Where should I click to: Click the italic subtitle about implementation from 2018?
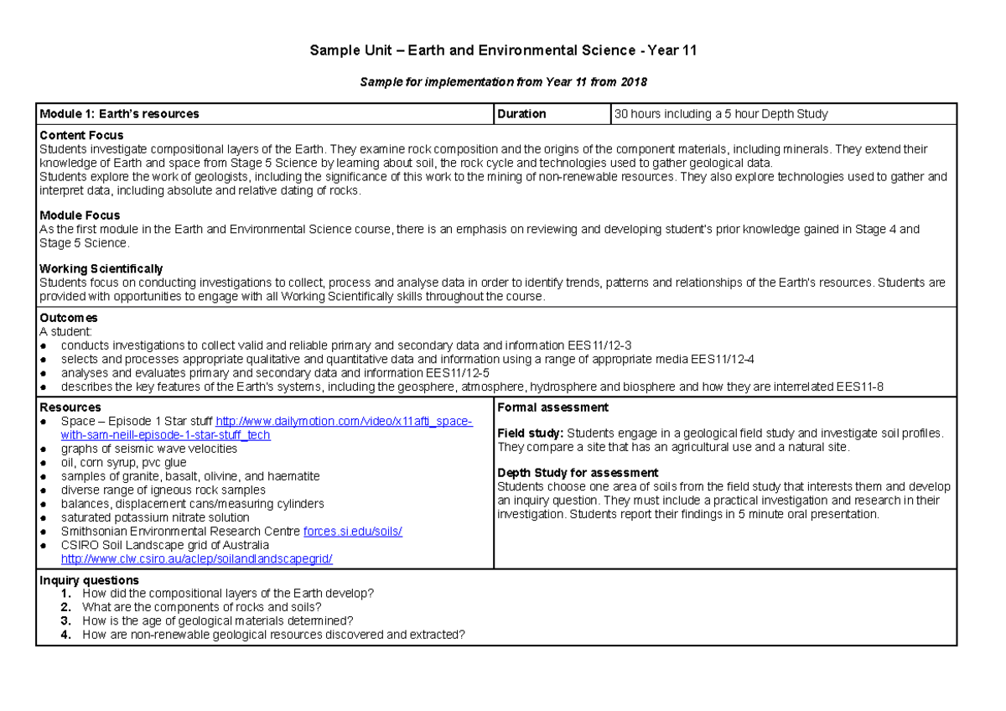pyautogui.click(x=503, y=82)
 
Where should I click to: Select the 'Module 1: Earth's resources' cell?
pyautogui.click(x=120, y=114)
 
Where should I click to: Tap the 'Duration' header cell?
pyautogui.click(x=521, y=114)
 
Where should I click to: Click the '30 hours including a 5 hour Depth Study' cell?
pyautogui.click(x=721, y=114)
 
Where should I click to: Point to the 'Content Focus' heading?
pyautogui.click(x=81, y=136)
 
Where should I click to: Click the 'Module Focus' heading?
pyautogui.click(x=80, y=215)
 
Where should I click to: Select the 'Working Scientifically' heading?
pyautogui.click(x=101, y=269)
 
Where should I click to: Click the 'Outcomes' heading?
pyautogui.click(x=69, y=318)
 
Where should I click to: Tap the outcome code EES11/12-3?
pyautogui.click(x=599, y=345)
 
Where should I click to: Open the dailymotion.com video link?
pyautogui.click(x=344, y=422)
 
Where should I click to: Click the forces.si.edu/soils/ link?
pyautogui.click(x=352, y=532)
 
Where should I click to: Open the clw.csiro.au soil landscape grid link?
pyautogui.click(x=197, y=558)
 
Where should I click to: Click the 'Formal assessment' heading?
pyautogui.click(x=553, y=407)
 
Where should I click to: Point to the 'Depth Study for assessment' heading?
pyautogui.click(x=578, y=473)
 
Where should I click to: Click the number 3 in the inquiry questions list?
pyautogui.click(x=65, y=621)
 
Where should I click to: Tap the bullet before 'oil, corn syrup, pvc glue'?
pyautogui.click(x=44, y=463)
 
